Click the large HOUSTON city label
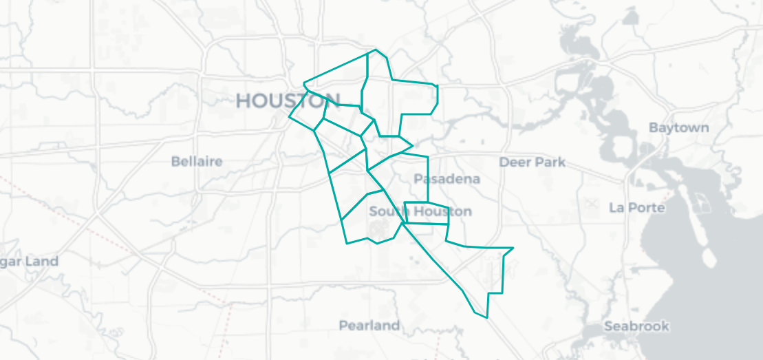point(288,100)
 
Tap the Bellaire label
point(197,161)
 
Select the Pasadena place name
point(447,179)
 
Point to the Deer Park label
point(532,162)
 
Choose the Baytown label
point(678,128)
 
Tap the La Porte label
point(637,207)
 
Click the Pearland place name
point(369,325)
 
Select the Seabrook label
point(636,326)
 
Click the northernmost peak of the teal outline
point(376,50)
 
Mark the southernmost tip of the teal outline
point(487,318)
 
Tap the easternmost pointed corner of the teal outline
point(513,248)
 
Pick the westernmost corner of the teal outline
point(289,117)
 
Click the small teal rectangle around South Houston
point(427,213)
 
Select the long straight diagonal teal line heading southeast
point(433,258)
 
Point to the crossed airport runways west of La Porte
point(591,204)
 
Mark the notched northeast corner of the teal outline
point(436,85)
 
